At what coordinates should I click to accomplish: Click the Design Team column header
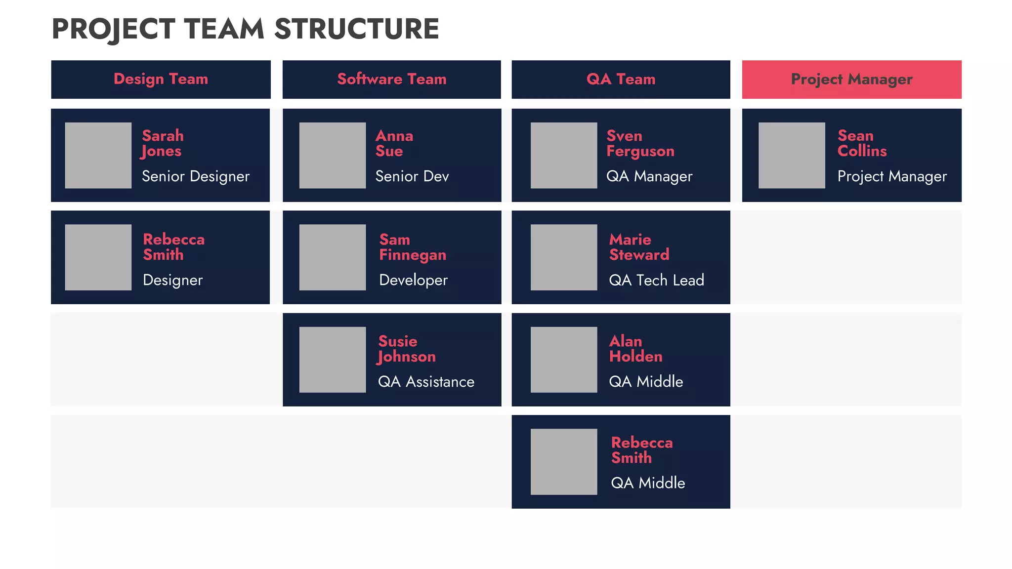[x=161, y=79]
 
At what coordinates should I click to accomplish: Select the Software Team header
[x=391, y=79]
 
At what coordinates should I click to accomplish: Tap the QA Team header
[x=621, y=79]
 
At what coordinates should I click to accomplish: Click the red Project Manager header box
[x=851, y=79]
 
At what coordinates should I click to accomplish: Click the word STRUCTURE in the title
[x=356, y=29]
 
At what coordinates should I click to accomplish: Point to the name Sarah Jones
[x=163, y=143]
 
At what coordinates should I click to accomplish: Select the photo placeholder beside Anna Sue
[x=333, y=155]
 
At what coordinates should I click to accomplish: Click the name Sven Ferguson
[x=640, y=143]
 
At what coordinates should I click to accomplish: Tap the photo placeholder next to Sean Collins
[x=792, y=155]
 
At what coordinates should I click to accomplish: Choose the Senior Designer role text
[x=196, y=176]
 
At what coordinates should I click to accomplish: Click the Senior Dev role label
[x=412, y=176]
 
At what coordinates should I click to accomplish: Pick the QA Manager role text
[x=649, y=176]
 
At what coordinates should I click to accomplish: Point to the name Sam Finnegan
[x=413, y=247]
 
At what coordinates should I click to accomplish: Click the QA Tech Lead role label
[x=656, y=280]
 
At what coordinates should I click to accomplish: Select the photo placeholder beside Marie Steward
[x=564, y=257]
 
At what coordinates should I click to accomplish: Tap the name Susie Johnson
[x=407, y=349]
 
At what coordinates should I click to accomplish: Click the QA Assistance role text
[x=426, y=382]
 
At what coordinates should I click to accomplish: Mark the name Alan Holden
[x=635, y=349]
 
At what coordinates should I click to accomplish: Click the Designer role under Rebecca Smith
[x=173, y=280]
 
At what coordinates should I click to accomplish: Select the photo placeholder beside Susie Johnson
[x=333, y=360]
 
